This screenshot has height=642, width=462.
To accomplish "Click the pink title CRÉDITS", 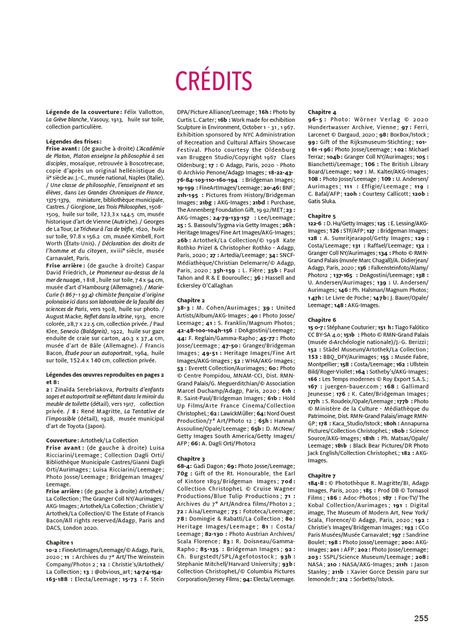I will click(213, 80).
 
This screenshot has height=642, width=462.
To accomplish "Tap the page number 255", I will click(421, 618).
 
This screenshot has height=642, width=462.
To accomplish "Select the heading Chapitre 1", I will click(59, 542).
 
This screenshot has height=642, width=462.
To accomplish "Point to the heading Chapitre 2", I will click(191, 300).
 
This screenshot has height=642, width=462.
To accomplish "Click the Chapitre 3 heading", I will click(191, 459).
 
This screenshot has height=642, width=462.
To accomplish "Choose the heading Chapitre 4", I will click(322, 112).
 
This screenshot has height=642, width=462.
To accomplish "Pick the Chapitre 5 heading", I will click(322, 216).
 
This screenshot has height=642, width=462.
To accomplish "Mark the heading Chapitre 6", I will click(322, 320).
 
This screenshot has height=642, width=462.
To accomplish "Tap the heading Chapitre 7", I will click(322, 476).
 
